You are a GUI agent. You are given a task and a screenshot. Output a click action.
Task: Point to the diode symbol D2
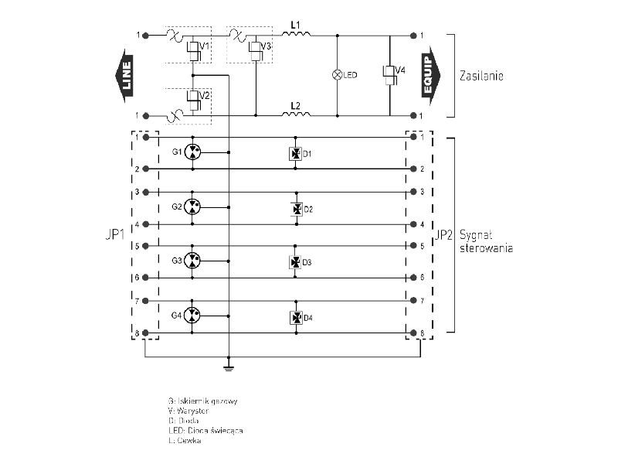pos(295,209)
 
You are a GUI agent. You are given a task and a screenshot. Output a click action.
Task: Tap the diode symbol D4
pos(295,317)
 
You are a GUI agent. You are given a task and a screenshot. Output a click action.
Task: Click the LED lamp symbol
pos(337,75)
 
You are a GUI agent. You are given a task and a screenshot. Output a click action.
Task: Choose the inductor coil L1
pos(296,34)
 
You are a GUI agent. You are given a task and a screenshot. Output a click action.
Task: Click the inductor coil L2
pos(296,114)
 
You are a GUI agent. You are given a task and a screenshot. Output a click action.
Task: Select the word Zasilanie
pos(481,77)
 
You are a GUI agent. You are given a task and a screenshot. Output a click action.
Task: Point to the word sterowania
pos(486,248)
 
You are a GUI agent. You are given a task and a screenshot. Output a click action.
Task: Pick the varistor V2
pos(193,99)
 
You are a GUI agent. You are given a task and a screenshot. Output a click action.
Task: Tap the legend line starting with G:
pos(202,401)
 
